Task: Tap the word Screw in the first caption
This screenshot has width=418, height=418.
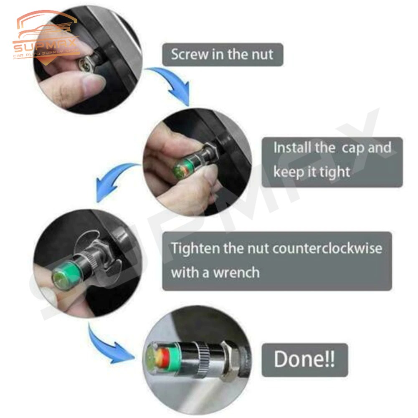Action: click(x=190, y=54)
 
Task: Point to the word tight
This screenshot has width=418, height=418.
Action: click(x=335, y=172)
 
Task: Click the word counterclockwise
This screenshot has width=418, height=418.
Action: click(x=327, y=248)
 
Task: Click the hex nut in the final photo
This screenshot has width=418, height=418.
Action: click(x=230, y=360)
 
